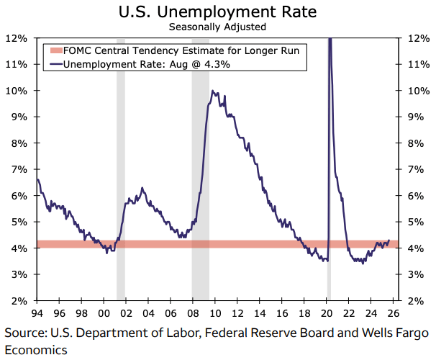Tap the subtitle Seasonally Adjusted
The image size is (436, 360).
[217, 27]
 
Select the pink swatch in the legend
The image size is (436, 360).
[55, 50]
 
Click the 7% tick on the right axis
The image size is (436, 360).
[418, 169]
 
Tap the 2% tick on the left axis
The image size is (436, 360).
[18, 301]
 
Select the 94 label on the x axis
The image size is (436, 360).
[35, 313]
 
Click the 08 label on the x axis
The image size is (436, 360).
[192, 313]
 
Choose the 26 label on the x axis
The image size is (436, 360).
[394, 313]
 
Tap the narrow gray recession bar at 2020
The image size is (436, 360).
[329, 216]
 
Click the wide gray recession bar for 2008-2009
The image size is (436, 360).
[200, 216]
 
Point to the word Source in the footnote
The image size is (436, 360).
[25, 333]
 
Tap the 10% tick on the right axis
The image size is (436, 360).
[418, 90]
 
